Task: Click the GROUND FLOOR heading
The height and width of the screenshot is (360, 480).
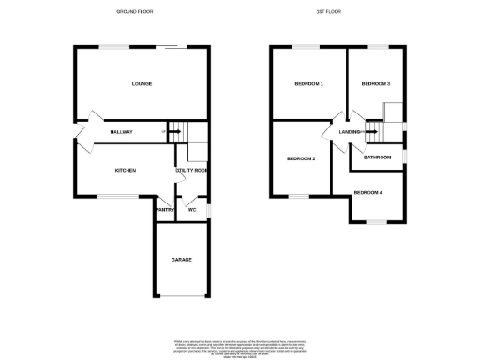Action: click(134, 12)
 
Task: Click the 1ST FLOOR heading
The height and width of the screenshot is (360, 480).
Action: click(340, 12)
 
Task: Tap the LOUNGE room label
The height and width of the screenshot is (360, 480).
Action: click(142, 84)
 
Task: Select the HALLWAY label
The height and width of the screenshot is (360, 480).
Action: click(122, 132)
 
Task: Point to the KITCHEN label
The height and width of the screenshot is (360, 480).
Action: click(126, 170)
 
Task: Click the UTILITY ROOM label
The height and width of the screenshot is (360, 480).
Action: click(191, 170)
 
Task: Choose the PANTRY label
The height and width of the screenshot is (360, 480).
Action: click(165, 210)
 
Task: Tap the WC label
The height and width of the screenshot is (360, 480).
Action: click(192, 210)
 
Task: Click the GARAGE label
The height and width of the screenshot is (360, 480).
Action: click(181, 259)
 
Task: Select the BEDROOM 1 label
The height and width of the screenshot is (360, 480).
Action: click(309, 84)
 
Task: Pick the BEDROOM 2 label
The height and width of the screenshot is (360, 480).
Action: click(300, 158)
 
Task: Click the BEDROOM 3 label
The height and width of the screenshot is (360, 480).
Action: click(376, 84)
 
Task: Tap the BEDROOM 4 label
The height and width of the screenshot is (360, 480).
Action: click(367, 193)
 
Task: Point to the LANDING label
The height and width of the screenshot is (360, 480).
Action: click(351, 132)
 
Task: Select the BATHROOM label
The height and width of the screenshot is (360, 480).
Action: click(377, 157)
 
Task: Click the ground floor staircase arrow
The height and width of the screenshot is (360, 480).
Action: click(174, 132)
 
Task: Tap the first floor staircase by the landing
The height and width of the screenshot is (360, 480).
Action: click(374, 131)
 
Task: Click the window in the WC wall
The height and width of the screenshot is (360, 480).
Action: click(207, 210)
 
